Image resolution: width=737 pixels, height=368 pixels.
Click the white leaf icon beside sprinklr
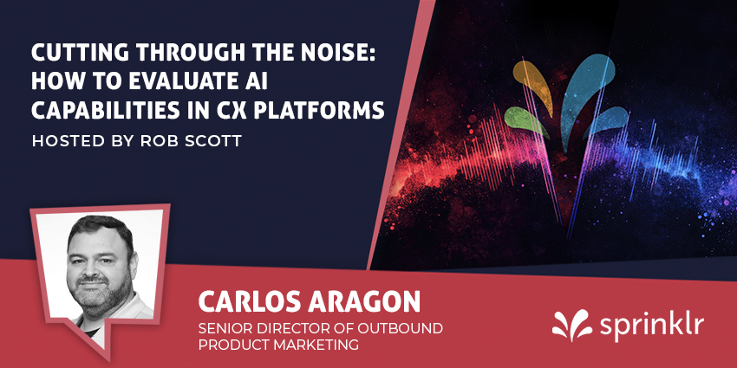(x=572, y=325)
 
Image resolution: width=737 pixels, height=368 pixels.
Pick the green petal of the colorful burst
(x=525, y=121)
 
